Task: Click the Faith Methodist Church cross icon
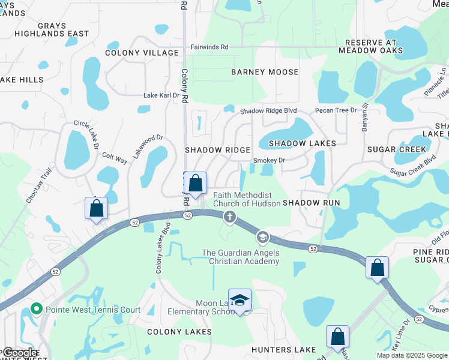click(229, 217)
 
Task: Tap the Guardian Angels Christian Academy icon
click(262, 238)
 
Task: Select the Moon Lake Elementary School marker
click(240, 301)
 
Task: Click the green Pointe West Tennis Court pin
click(36, 310)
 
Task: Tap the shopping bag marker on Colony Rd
click(195, 182)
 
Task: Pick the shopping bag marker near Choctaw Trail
click(96, 209)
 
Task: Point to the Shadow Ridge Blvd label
click(269, 111)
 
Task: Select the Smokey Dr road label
click(269, 160)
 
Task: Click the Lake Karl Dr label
click(161, 95)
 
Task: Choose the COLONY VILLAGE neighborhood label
click(142, 53)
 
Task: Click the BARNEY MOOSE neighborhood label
click(265, 72)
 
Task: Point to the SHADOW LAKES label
click(302, 143)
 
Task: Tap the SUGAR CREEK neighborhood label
click(397, 149)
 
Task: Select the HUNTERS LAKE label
click(285, 350)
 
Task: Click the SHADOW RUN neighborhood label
click(312, 203)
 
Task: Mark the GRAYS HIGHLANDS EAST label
click(55, 30)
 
